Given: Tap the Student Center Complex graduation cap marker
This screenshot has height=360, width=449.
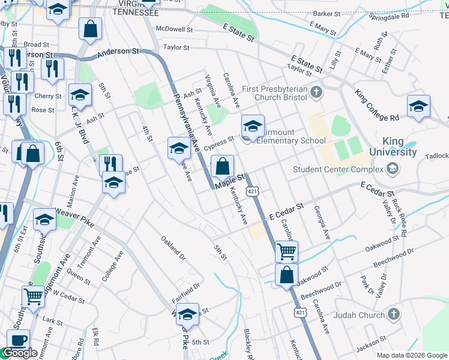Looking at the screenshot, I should pos(393,169).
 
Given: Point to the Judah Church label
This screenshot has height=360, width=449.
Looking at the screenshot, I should pos(358,314).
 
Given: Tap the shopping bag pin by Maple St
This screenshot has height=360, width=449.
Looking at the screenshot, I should pos(222,166).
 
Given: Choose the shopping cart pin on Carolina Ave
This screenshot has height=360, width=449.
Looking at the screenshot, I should pos(286,251).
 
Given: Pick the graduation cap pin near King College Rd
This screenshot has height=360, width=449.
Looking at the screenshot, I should pos(418,106).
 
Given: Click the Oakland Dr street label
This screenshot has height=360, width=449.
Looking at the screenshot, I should pos(173,248).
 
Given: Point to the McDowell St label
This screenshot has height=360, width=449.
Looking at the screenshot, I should pos(173,29).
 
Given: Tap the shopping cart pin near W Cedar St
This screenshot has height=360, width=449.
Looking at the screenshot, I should pos(34,295).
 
